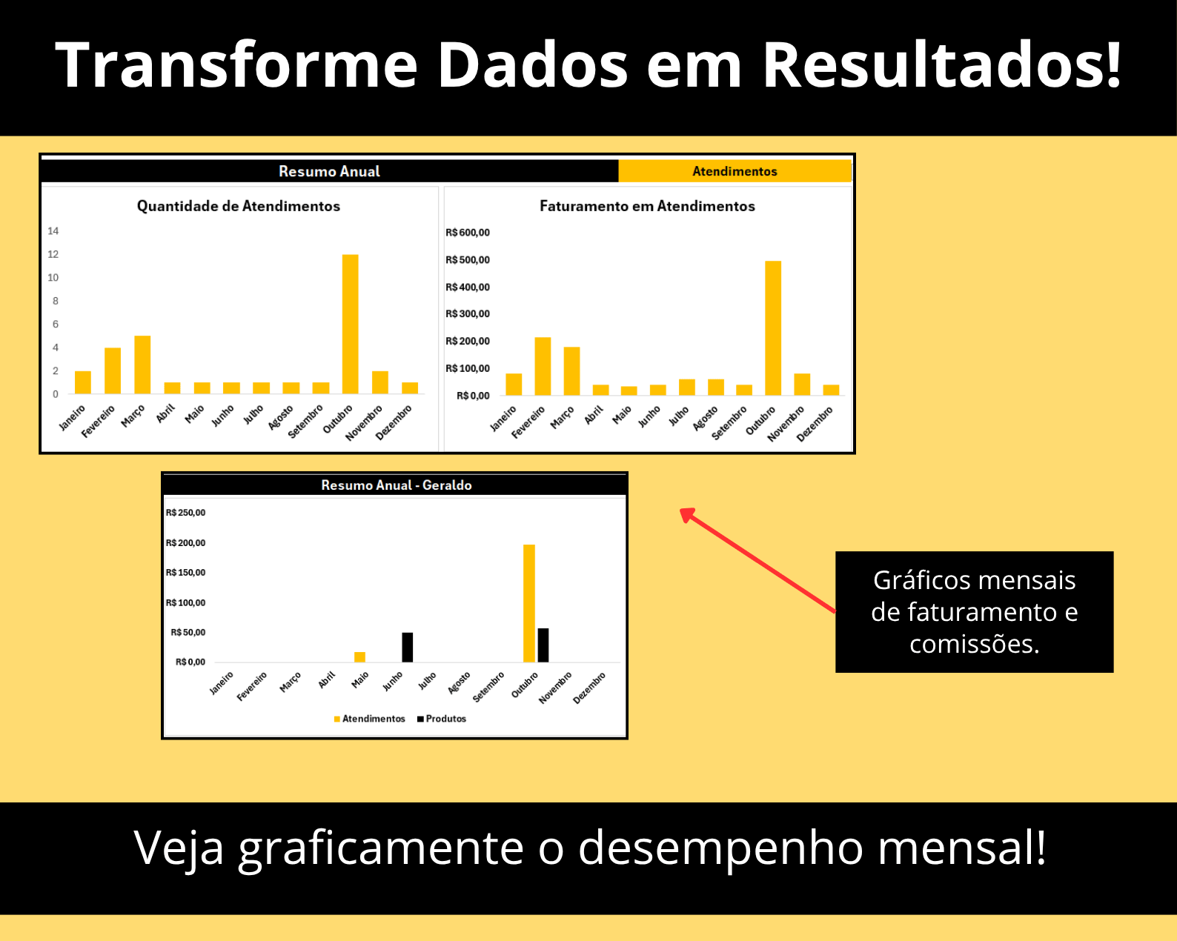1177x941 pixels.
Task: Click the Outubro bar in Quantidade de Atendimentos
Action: coord(350,324)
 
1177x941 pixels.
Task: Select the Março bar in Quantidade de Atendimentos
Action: coord(142,365)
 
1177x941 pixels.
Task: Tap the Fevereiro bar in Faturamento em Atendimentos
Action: coord(543,366)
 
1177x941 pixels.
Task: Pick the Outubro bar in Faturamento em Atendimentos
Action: coord(773,327)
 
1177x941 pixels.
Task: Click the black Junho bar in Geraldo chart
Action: coord(408,647)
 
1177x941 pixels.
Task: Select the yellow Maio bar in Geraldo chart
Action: coord(360,657)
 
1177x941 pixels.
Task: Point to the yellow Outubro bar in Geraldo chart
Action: coord(529,603)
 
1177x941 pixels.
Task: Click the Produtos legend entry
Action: coord(445,719)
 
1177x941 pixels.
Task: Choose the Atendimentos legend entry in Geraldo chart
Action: coord(373,719)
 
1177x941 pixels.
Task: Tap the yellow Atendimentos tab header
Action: coord(735,171)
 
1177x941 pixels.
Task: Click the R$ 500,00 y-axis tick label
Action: coord(468,260)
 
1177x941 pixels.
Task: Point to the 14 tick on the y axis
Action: coord(53,231)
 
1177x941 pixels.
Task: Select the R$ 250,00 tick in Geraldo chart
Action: coord(186,513)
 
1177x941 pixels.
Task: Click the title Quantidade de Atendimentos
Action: coord(239,206)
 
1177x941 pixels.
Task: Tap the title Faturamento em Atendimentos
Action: coord(647,206)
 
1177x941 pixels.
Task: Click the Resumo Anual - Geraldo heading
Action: coord(396,485)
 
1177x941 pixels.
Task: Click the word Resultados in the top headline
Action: coord(941,65)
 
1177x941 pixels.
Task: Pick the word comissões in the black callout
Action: coord(974,644)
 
